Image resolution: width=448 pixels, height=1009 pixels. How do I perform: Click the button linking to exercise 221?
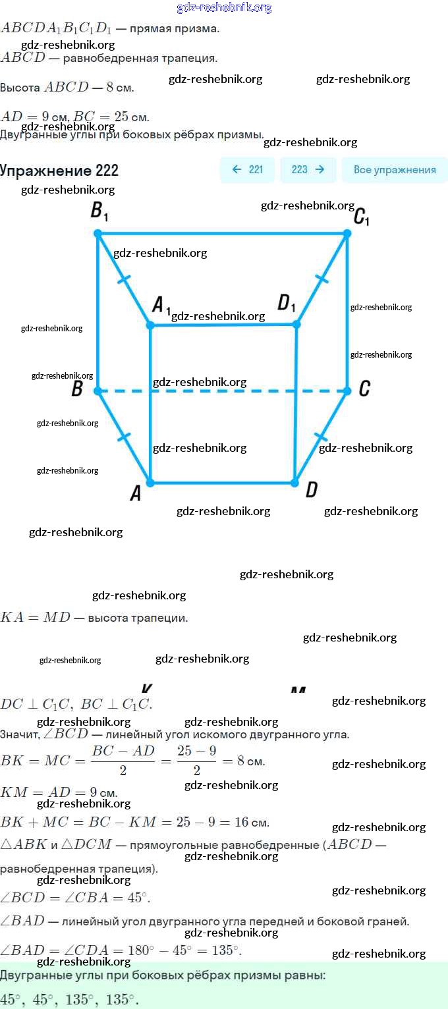point(247,169)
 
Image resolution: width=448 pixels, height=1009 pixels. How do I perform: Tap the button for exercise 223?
point(308,169)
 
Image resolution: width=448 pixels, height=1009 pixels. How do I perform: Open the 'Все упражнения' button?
point(395,169)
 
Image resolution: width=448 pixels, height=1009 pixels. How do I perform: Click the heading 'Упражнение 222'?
point(59,171)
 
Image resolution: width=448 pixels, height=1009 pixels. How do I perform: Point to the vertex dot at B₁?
point(98,233)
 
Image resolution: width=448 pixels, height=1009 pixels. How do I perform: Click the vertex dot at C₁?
point(348,233)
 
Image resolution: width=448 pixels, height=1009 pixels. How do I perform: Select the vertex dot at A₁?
point(150,325)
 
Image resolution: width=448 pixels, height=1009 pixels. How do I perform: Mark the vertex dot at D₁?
point(296,324)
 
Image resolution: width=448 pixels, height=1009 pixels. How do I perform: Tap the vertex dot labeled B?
point(98,391)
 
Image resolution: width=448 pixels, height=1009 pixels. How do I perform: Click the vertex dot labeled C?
point(348,391)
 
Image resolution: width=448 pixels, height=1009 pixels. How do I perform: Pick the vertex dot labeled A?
point(150,483)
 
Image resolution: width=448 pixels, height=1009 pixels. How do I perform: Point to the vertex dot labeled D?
point(296,483)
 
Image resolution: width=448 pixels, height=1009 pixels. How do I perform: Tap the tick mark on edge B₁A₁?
point(123,279)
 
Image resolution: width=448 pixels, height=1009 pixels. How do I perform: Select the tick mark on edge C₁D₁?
point(322,279)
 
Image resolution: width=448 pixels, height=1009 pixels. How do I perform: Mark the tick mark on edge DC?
point(321,437)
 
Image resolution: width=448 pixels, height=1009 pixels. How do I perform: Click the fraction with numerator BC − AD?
point(123,760)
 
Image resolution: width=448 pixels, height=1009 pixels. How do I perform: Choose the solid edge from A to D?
point(223,483)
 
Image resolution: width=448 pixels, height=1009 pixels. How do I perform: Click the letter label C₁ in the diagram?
point(361,216)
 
